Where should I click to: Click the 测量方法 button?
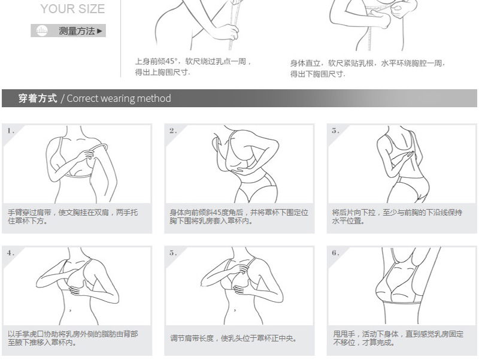coord(68,31)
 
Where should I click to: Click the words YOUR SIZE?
coord(72,9)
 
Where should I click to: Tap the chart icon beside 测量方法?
coord(42,31)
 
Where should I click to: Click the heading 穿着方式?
coord(38,98)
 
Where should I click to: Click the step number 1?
coord(11,131)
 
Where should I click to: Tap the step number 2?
coord(173,131)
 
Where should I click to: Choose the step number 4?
coord(11,253)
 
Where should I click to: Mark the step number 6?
coord(335,253)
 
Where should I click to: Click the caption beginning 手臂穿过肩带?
coord(72,216)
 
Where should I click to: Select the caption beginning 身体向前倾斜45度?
coord(239,216)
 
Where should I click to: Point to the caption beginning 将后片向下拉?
coord(397,216)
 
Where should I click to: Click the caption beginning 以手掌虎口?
coord(72,338)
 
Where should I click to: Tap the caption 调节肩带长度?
coord(234,338)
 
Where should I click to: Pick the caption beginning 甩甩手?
coord(398,338)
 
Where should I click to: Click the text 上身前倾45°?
coord(156,62)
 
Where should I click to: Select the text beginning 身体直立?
coord(368,68)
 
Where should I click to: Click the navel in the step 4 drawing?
coord(71,310)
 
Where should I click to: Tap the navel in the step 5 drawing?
coord(235,310)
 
